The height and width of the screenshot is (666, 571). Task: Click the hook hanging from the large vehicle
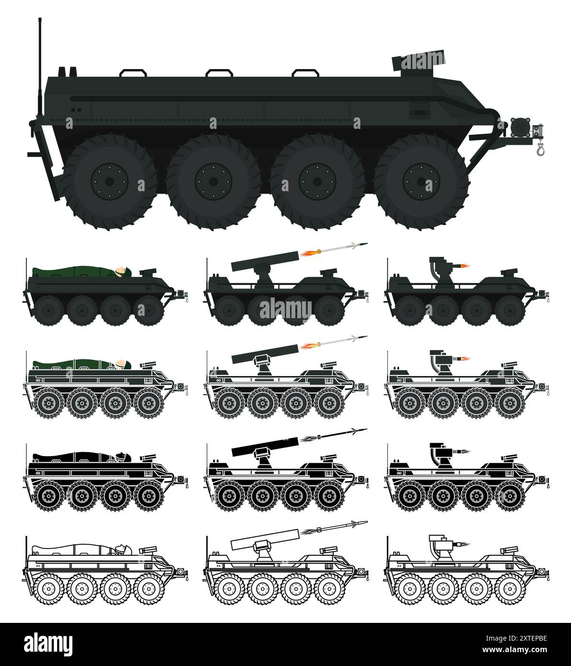541,151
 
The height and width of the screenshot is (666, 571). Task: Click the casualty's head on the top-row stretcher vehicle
126,273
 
